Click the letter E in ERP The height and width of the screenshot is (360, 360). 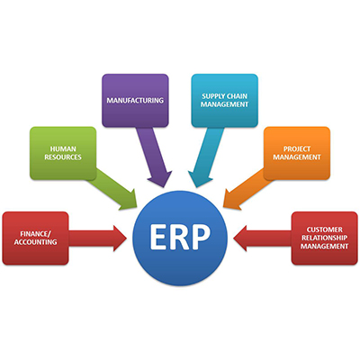(x=158, y=237)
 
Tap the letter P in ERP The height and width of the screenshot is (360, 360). (x=201, y=237)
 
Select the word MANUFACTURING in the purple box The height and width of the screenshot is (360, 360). (x=135, y=100)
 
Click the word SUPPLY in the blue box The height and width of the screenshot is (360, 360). (x=213, y=96)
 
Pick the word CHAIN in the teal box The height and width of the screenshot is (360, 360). (x=237, y=96)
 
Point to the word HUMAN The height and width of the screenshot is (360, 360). (x=63, y=148)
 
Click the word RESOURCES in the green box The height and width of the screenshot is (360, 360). (x=63, y=157)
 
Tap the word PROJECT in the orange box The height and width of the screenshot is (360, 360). (x=297, y=148)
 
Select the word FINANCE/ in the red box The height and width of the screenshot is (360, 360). (x=36, y=234)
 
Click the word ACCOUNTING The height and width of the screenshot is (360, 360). (x=35, y=242)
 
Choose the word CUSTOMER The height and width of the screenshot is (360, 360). (x=324, y=229)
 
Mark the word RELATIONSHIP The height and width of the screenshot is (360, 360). (x=325, y=238)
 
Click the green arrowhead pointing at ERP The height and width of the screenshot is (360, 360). (x=128, y=200)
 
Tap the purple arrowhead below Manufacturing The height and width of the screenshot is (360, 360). (x=160, y=178)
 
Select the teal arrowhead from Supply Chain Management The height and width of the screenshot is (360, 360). (x=200, y=179)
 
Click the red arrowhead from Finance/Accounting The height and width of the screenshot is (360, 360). (x=120, y=238)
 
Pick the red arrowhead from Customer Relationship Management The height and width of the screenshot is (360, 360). (x=240, y=238)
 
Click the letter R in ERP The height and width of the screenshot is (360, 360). (x=179, y=237)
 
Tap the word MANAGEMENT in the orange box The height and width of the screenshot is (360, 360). (x=297, y=157)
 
